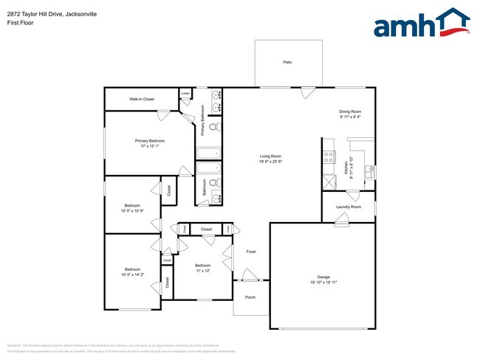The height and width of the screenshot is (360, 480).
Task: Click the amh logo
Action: [x=422, y=24]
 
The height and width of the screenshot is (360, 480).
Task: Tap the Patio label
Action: [x=287, y=62]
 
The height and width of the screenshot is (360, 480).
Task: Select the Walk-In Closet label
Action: [x=142, y=98]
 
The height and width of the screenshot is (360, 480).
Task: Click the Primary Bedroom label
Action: [x=149, y=140]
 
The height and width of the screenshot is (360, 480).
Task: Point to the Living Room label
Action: [x=270, y=156]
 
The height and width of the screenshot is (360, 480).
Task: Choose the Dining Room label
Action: [x=350, y=111]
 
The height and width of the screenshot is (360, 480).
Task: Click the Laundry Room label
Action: [x=348, y=207]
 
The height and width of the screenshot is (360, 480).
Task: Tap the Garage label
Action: [x=323, y=277]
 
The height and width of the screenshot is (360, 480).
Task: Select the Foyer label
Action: [x=250, y=252]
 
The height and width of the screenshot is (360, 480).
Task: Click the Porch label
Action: [x=250, y=298]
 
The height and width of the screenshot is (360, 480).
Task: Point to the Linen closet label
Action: [x=185, y=93]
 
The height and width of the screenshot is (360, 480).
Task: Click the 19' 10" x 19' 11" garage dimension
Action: [x=323, y=283]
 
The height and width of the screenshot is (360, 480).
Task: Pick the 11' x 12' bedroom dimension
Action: [x=203, y=270]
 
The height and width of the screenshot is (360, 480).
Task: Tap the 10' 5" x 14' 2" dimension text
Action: [x=132, y=274]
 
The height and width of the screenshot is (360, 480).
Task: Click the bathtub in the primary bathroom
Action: [x=208, y=153]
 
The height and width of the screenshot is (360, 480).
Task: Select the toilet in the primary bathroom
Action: [x=213, y=128]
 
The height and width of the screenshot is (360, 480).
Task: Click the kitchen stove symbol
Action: [x=329, y=156]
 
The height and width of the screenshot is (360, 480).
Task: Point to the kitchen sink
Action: [x=370, y=170]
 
